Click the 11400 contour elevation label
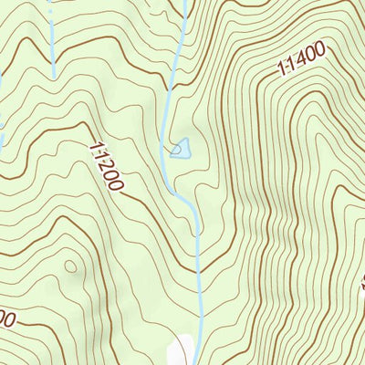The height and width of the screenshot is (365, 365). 302,60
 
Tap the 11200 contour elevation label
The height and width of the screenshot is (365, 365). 106,165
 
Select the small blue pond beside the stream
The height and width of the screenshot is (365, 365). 181,146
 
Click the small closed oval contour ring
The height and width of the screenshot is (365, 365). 70,266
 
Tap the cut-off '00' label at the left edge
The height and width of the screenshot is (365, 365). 7,320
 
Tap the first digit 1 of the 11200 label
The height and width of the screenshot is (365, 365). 95,146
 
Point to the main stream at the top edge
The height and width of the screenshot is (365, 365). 185,5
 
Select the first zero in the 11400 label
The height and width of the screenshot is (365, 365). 312,56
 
